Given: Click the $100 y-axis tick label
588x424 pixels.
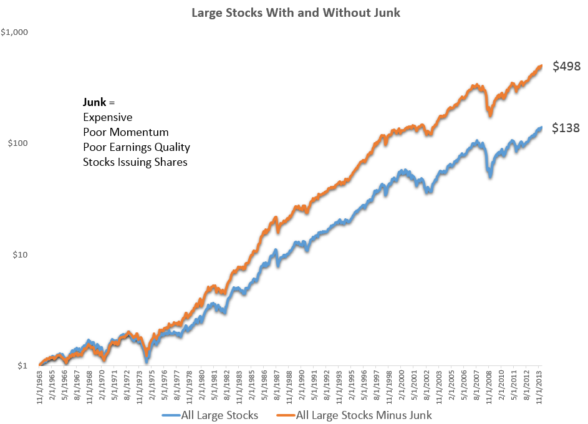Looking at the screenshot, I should pyautogui.click(x=19, y=143).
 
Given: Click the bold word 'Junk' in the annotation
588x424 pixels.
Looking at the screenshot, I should pyautogui.click(x=95, y=102).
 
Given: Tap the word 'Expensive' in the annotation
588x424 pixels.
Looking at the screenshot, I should pyautogui.click(x=107, y=117).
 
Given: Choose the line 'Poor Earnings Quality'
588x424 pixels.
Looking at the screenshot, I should pyautogui.click(x=136, y=148).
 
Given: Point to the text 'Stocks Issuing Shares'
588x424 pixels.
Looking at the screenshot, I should pyautogui.click(x=135, y=163).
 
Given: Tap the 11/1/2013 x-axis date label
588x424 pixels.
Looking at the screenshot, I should pyautogui.click(x=540, y=387).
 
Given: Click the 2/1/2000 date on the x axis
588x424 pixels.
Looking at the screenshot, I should pyautogui.click(x=402, y=387).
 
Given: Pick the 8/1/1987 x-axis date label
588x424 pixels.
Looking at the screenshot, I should pyautogui.click(x=277, y=387).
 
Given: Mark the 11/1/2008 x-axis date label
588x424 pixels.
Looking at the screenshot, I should pyautogui.click(x=490, y=387).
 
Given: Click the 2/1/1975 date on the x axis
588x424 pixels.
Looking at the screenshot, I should pyautogui.click(x=152, y=387).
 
